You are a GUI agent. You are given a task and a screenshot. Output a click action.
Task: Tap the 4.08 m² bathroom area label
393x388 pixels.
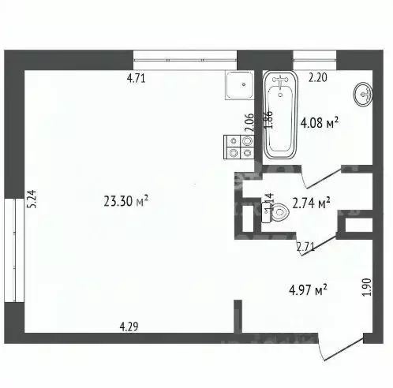[320, 122]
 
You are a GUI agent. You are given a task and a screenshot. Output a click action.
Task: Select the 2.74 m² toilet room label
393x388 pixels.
[311, 203]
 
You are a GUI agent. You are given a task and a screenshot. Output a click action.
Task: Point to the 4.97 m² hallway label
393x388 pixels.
[309, 292]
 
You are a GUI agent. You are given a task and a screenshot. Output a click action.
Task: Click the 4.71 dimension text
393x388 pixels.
[138, 77]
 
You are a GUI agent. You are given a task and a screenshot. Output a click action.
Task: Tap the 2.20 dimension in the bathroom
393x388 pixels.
[317, 77]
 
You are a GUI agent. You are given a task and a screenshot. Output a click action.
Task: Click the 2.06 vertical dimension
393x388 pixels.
[249, 123]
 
